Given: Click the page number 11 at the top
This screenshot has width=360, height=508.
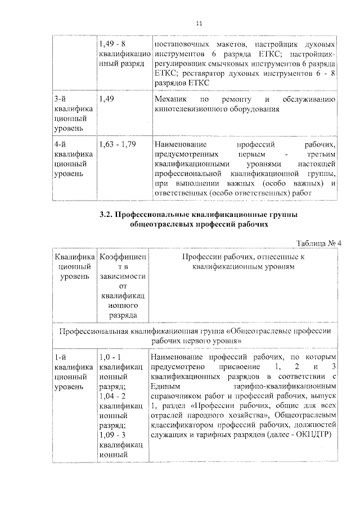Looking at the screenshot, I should pyautogui.click(x=198, y=24).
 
